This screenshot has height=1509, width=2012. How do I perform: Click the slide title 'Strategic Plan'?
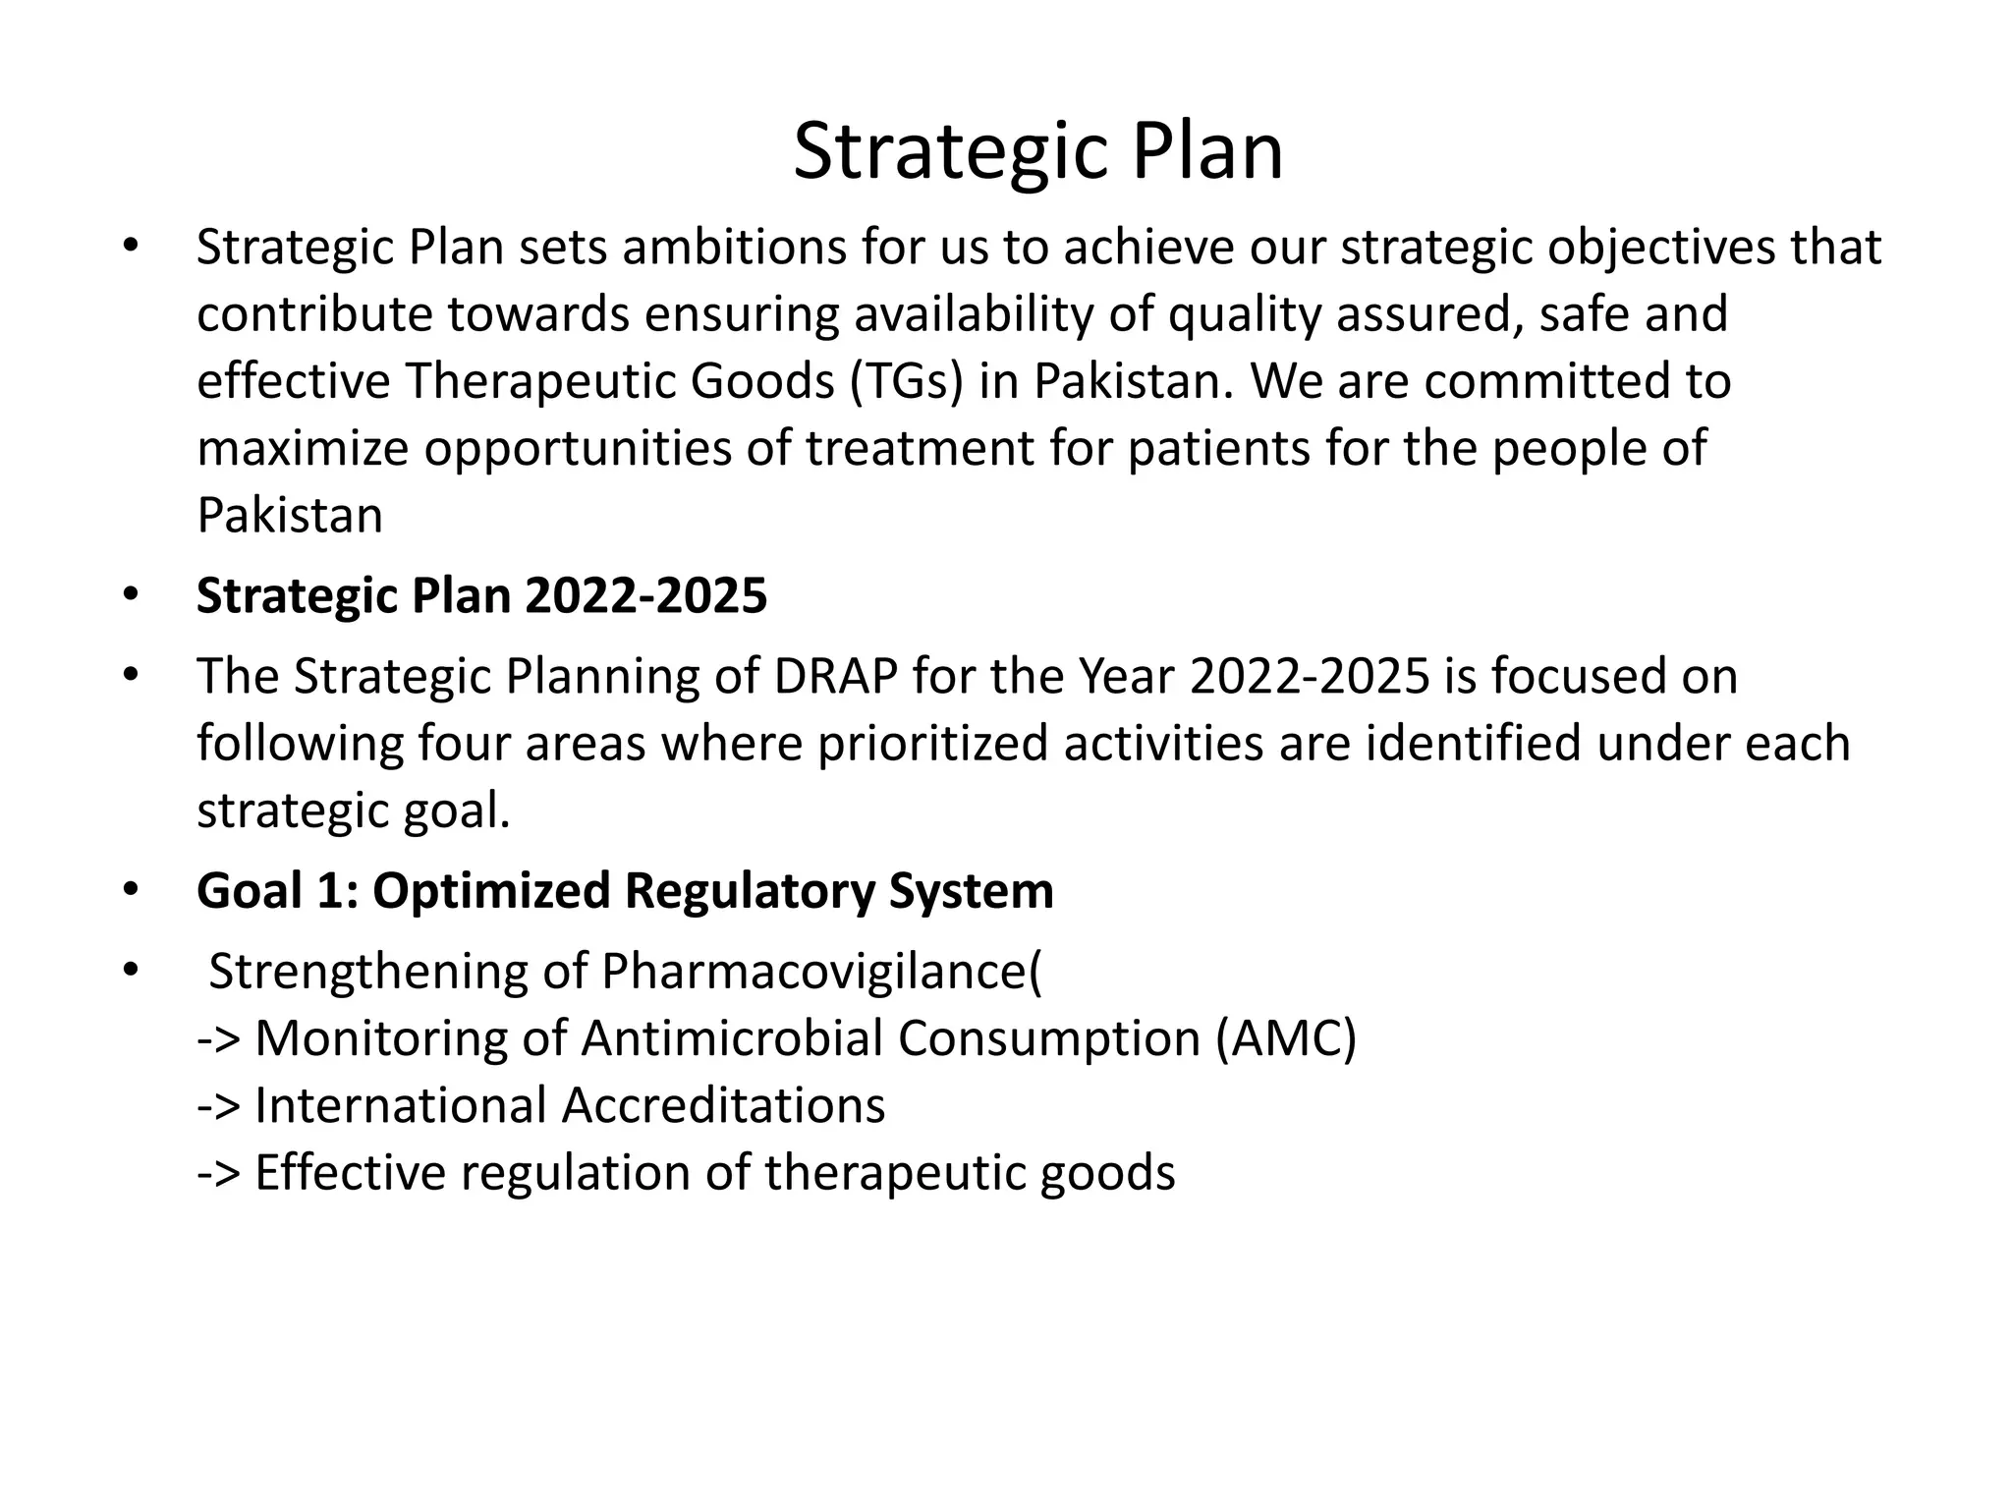point(1037,151)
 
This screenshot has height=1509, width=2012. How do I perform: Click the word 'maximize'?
point(303,448)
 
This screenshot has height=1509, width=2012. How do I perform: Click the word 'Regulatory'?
point(749,891)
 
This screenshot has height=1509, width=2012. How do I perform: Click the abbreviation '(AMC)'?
point(1285,1038)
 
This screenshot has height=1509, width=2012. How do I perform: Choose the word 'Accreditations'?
point(723,1105)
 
